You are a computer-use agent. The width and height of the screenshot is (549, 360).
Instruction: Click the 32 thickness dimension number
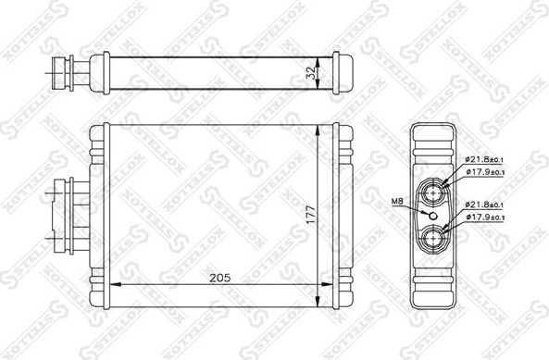point(314,69)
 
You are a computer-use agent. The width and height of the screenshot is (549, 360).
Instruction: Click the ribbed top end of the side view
point(434,144)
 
